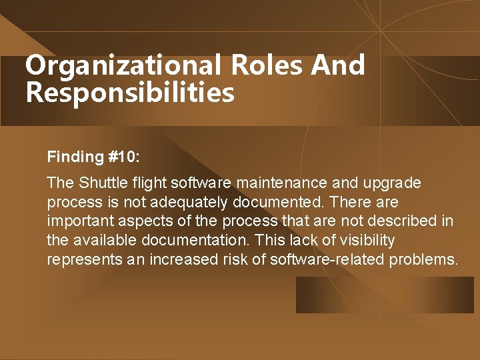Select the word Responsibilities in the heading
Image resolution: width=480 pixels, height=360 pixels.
coord(130,93)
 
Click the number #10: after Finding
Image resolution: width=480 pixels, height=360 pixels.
coord(123,157)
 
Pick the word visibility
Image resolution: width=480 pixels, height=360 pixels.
coord(367,241)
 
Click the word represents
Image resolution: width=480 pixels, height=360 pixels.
coord(81,260)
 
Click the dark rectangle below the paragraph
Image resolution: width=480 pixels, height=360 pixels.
coord(385,295)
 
